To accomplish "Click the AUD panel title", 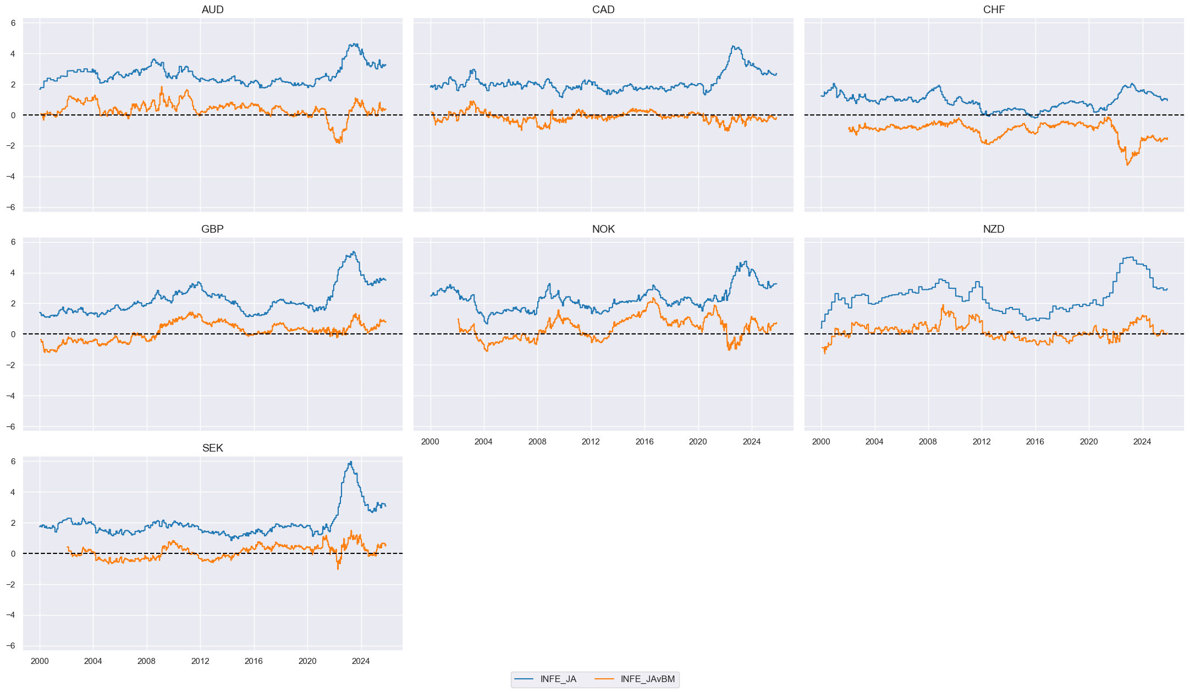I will tap(212, 9).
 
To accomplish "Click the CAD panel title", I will tap(603, 9).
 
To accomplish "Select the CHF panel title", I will tap(994, 9).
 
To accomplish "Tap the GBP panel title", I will tap(212, 229).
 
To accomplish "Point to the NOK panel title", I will tap(603, 229).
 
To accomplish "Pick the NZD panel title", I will tap(994, 229).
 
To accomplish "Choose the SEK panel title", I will tap(212, 448).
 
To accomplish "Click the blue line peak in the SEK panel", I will tap(351, 462).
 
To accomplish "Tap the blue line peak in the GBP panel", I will tap(354, 252).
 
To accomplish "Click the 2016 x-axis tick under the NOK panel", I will tap(644, 442).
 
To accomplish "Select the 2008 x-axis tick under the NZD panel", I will tap(928, 442).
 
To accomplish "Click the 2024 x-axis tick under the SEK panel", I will tap(361, 661).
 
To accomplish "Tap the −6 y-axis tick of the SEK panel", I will tap(11, 646).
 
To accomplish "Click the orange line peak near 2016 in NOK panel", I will tap(653, 299).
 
